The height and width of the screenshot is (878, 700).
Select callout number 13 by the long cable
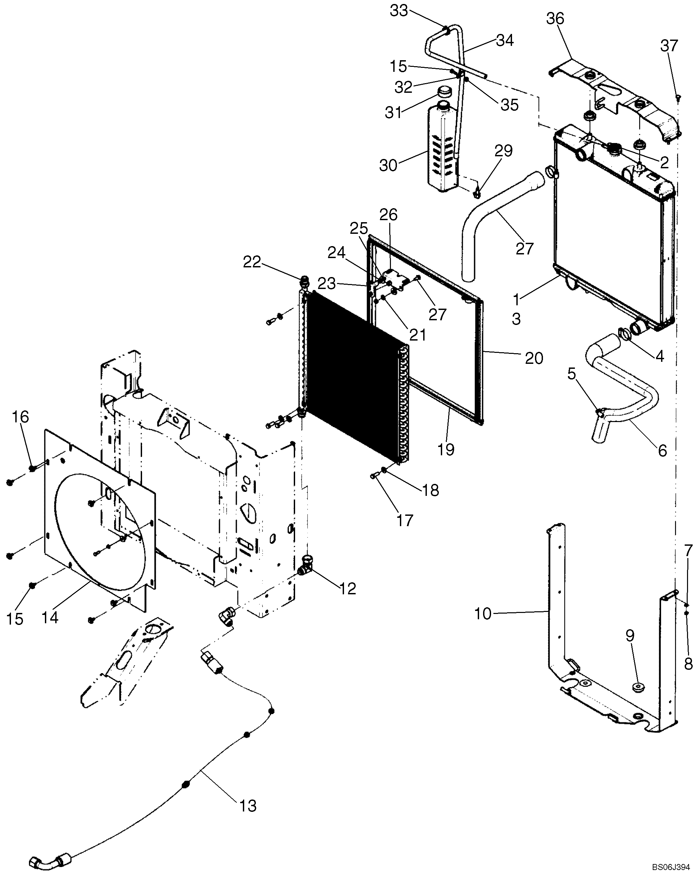click(x=248, y=805)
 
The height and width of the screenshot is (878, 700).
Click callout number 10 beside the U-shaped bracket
click(x=483, y=614)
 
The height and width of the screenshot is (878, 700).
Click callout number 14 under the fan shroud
click(x=50, y=618)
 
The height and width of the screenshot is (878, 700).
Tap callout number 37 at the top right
click(x=669, y=46)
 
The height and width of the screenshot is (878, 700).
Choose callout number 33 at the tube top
click(x=399, y=11)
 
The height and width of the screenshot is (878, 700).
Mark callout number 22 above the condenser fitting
click(x=252, y=262)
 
